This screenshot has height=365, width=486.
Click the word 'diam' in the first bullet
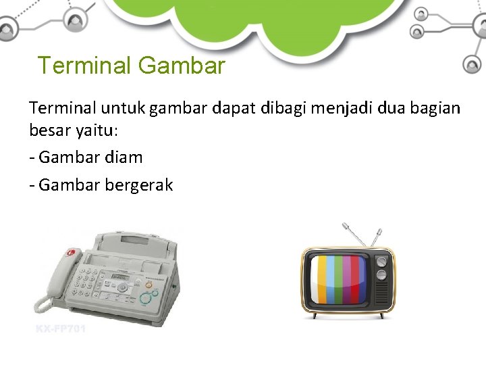click(125, 157)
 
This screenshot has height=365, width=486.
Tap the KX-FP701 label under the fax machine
click(60, 329)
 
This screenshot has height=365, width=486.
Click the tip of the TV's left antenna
click(344, 224)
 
